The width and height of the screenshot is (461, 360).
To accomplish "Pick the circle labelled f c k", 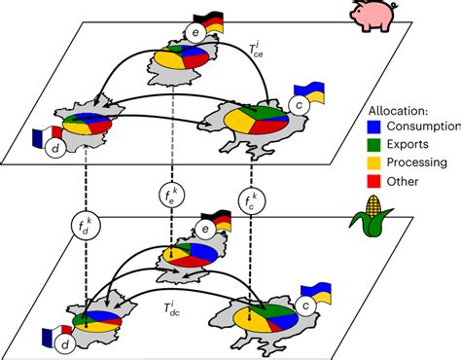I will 251,202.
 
